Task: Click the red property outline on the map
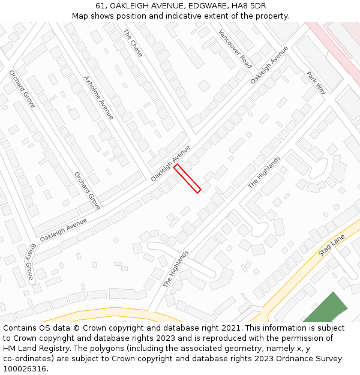point(187,179)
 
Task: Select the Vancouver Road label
point(235,49)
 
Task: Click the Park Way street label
point(316,83)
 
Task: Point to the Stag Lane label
point(332,246)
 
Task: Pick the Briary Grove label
point(31,262)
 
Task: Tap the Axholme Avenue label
point(99,97)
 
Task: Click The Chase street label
point(133,43)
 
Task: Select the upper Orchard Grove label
point(22,89)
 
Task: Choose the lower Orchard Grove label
point(87,190)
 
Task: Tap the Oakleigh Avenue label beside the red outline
point(170,163)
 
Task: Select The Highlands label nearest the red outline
point(265,173)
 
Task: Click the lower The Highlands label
point(176,268)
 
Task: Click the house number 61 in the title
point(100,6)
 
